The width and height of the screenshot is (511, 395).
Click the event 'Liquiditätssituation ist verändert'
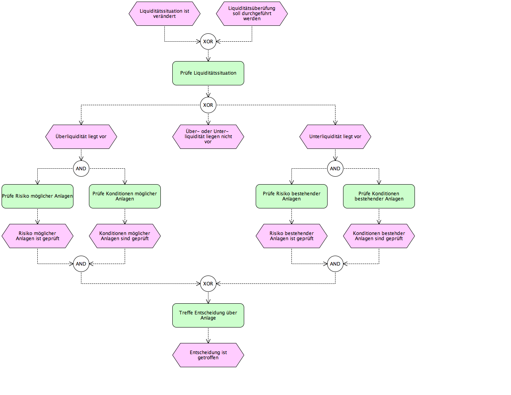pos(164,13)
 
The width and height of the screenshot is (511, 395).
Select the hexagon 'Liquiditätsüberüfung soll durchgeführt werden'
pos(252,13)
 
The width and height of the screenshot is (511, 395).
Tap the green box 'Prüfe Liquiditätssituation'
pos(208,73)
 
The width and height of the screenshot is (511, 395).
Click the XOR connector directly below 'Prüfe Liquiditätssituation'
pos(208,105)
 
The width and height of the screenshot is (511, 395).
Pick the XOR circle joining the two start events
pos(208,42)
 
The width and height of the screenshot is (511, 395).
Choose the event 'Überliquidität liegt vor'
pos(81,137)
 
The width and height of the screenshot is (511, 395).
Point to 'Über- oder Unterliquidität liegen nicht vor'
pos(208,137)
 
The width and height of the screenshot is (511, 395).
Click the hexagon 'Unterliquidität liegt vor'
pos(335,137)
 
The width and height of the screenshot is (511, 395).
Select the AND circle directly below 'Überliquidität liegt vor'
pos(81,169)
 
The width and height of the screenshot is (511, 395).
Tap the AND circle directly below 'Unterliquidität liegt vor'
pos(335,169)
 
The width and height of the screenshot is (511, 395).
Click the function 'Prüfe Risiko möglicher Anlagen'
pos(37,196)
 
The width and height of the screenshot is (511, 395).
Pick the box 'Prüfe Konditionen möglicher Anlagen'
pos(125,196)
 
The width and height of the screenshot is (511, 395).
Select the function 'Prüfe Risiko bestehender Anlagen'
pos(291,196)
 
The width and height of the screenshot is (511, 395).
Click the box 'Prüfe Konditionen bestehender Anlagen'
pos(379,196)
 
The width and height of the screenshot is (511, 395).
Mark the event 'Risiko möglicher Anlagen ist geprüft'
pos(37,236)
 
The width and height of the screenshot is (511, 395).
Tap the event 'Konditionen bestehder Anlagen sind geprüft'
pos(379,236)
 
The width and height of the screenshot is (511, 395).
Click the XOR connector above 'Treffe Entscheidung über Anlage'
pos(208,283)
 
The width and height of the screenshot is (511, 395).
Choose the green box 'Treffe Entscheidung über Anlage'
pos(208,315)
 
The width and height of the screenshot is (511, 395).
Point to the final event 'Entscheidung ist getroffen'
pos(208,355)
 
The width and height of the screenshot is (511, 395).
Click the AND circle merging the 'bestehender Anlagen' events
pos(335,264)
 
